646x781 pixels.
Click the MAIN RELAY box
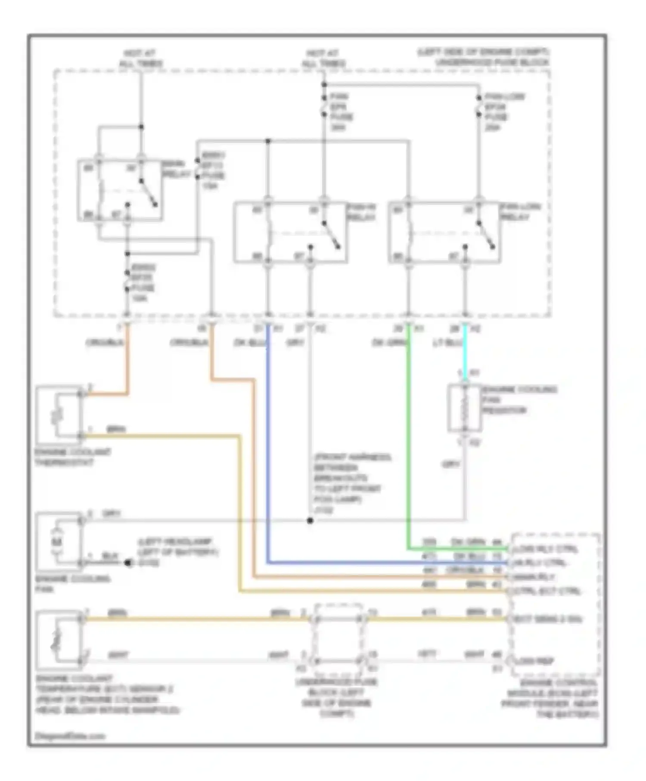[x=120, y=190]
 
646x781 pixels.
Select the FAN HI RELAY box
[x=291, y=232]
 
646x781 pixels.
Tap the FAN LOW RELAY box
[x=444, y=232]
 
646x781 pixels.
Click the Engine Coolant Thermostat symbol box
[x=59, y=415]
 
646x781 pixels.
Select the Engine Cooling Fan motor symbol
[x=59, y=542]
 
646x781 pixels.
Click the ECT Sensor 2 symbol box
[x=59, y=639]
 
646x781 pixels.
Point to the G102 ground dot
[x=128, y=563]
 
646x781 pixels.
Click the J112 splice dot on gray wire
[x=310, y=521]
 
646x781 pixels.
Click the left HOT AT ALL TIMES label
[x=140, y=58]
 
